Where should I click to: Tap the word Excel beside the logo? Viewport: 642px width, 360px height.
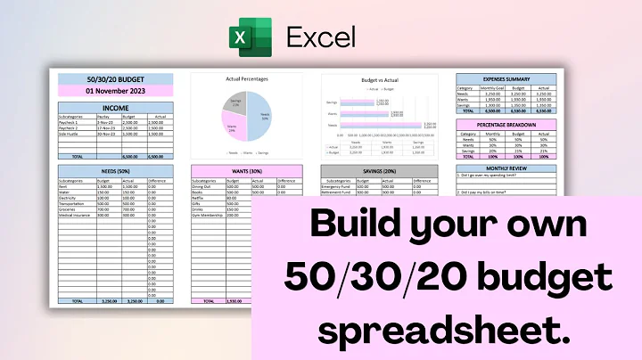[320, 37]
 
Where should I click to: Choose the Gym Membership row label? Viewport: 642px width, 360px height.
[208, 214]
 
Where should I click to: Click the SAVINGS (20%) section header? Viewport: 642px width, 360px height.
[379, 169]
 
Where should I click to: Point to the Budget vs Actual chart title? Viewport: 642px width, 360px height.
[379, 78]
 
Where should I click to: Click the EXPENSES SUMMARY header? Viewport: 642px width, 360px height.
[505, 78]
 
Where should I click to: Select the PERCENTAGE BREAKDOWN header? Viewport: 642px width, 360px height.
[505, 124]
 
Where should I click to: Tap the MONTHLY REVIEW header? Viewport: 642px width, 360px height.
[505, 168]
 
